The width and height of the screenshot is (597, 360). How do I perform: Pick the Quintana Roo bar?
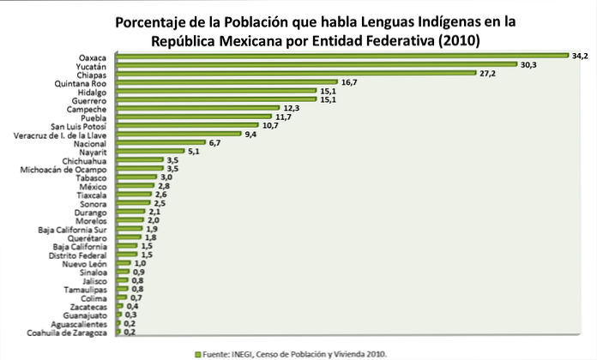pos(226,82)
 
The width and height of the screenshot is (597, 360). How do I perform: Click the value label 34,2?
pos(582,56)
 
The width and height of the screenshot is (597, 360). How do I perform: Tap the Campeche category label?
pos(84,109)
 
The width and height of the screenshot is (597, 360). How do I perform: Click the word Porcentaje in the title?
pos(155,21)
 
